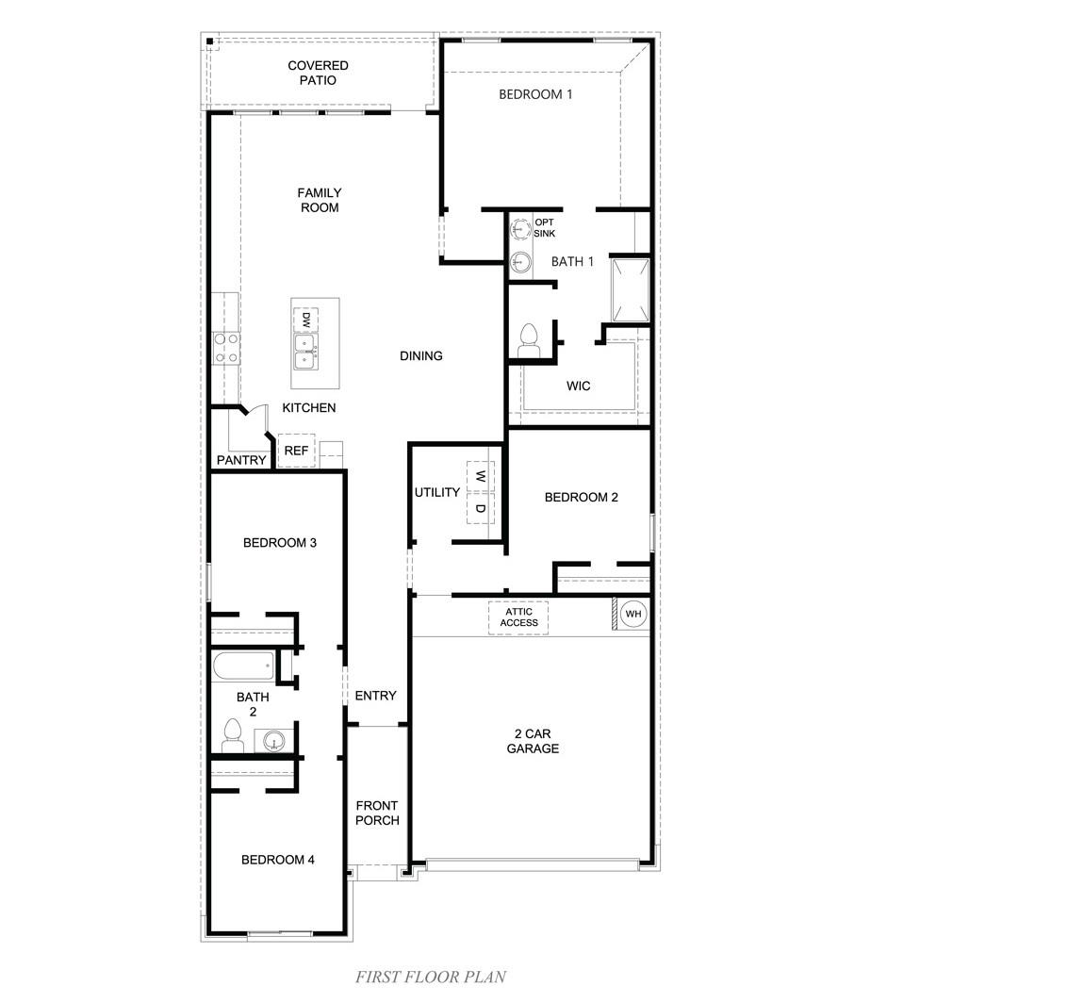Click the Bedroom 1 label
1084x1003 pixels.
(x=535, y=94)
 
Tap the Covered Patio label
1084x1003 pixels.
(x=318, y=73)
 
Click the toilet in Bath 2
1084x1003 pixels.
(x=232, y=736)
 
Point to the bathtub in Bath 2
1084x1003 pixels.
(x=243, y=666)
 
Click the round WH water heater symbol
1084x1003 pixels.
(x=633, y=615)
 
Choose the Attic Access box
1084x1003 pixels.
(x=518, y=617)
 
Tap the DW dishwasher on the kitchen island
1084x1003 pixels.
(x=305, y=321)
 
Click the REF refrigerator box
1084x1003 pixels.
(x=296, y=451)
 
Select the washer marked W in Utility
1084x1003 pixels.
(x=480, y=477)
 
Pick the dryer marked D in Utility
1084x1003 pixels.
(x=480, y=509)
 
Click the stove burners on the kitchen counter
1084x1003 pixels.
(x=225, y=348)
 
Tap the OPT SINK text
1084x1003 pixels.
(x=545, y=227)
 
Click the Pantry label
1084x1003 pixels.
(x=241, y=460)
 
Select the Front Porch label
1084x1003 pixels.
(x=377, y=813)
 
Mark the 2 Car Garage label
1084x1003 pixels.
(x=533, y=741)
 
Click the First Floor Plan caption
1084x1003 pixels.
(x=431, y=977)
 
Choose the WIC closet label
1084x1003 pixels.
(x=578, y=386)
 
